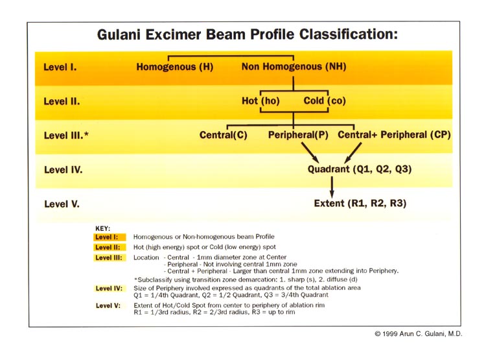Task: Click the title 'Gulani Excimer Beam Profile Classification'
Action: click(x=248, y=34)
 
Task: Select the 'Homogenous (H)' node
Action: click(x=175, y=67)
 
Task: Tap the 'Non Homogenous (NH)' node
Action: click(x=294, y=67)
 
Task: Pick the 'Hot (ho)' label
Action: click(x=260, y=101)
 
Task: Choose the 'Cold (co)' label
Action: click(x=325, y=101)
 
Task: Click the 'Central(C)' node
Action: click(x=223, y=135)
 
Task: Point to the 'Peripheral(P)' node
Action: click(x=298, y=135)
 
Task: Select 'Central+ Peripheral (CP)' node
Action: click(x=394, y=135)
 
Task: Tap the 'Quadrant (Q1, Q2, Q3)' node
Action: click(x=360, y=169)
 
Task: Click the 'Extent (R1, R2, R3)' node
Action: click(x=360, y=204)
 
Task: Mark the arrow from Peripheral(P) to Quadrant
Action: click(x=310, y=152)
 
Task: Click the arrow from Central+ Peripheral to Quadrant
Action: click(x=353, y=152)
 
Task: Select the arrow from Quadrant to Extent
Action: click(x=332, y=187)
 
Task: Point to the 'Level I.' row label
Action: click(x=60, y=67)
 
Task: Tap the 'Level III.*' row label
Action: click(x=66, y=136)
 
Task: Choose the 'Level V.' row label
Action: click(x=62, y=204)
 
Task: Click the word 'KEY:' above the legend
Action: click(x=102, y=229)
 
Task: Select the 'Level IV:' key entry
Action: click(x=109, y=289)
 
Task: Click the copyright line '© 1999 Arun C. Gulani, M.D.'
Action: click(x=419, y=334)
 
